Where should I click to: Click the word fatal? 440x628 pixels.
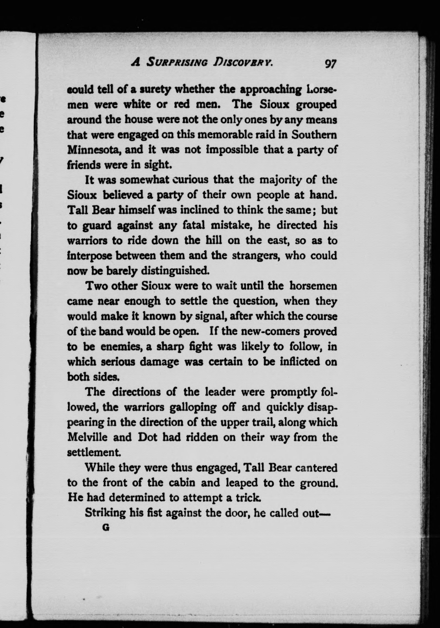click(194, 225)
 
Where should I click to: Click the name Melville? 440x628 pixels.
click(87, 437)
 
